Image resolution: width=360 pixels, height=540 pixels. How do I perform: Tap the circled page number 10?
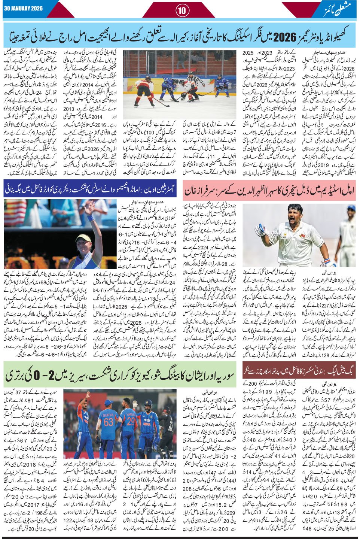pos(181,10)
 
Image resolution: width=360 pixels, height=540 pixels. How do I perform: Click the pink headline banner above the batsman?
pos(270,191)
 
